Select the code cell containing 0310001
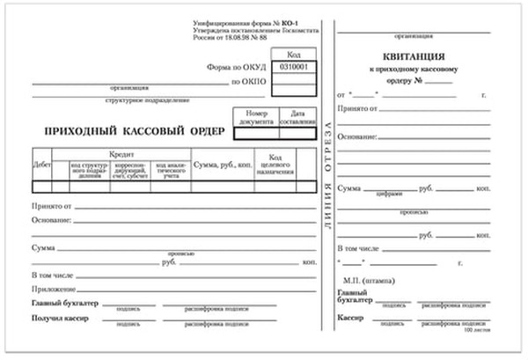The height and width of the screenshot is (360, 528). point(293,67)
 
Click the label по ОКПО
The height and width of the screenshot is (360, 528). point(249,81)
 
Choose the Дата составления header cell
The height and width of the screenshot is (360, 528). point(298,118)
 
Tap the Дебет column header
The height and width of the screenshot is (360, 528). point(41,165)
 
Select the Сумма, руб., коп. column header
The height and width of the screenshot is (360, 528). point(224,165)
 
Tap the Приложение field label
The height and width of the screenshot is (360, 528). point(52,290)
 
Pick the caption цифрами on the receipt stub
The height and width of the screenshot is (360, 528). point(389,195)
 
